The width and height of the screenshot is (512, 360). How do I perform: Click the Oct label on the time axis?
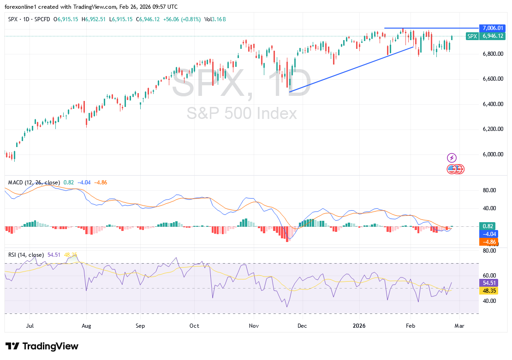194,326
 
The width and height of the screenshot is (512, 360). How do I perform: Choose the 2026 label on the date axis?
358,326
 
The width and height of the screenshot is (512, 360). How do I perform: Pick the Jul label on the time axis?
30,326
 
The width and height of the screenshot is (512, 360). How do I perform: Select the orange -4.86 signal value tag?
489,242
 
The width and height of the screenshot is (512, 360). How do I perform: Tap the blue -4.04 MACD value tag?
489,234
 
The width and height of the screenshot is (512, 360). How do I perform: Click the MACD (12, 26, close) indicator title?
34,183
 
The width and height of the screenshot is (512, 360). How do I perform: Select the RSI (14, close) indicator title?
26,255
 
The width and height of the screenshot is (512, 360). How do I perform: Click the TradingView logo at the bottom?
42,346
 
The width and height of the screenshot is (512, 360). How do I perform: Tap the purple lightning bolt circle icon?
452,158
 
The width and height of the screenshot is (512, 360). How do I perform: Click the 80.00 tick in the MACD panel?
489,190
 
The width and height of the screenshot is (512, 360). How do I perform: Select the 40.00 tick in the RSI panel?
489,301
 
